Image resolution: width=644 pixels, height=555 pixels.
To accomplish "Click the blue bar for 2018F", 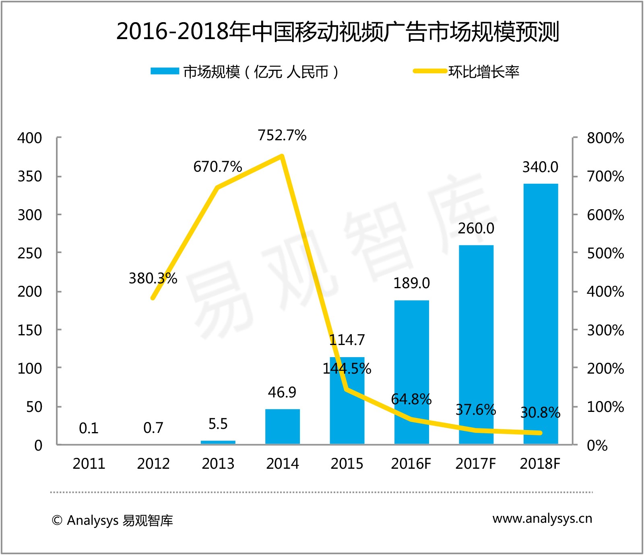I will pyautogui.click(x=541, y=314).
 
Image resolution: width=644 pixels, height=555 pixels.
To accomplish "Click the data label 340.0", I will pyautogui.click(x=540, y=167).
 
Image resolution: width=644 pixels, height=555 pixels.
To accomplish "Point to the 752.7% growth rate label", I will pyautogui.click(x=282, y=135).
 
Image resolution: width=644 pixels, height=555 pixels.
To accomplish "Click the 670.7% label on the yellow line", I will pyautogui.click(x=217, y=166).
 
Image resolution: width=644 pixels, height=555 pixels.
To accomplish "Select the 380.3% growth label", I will pyautogui.click(x=153, y=279).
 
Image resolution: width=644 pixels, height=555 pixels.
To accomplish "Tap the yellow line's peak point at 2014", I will pyautogui.click(x=282, y=156).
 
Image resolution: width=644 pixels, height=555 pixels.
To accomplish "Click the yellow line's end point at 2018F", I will pyautogui.click(x=540, y=433).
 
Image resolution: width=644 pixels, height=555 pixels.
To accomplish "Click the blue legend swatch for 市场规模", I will pyautogui.click(x=165, y=71).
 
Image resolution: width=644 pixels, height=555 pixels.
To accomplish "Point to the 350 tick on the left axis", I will pyautogui.click(x=29, y=177).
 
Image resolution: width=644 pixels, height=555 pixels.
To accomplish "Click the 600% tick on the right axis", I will pyautogui.click(x=605, y=215).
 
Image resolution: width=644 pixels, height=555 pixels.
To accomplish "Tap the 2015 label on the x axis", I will pyautogui.click(x=347, y=464).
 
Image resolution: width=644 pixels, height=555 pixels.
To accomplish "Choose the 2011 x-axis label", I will pyautogui.click(x=89, y=464).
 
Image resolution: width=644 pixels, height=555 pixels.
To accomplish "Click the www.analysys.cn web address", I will pyautogui.click(x=542, y=519).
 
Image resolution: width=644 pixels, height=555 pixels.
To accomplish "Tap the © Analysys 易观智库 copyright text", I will pyautogui.click(x=112, y=520).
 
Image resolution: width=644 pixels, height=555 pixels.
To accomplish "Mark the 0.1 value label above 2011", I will pyautogui.click(x=89, y=428).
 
